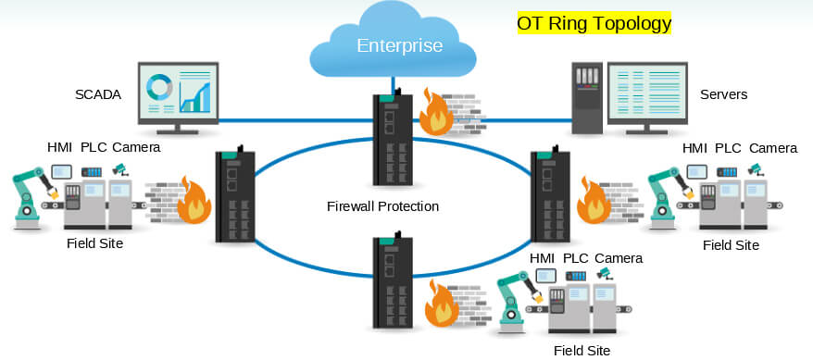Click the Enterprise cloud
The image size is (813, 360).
[x=393, y=43]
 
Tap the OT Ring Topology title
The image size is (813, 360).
[x=594, y=23]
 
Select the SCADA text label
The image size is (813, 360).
[x=98, y=94]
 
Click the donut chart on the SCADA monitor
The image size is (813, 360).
[x=158, y=86]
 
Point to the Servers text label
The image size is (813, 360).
[x=724, y=94]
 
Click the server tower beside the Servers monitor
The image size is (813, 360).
[x=587, y=98]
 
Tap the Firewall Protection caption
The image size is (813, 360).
[x=382, y=206]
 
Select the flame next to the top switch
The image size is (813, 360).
[x=436, y=112]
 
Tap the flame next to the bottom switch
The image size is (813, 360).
[x=442, y=304]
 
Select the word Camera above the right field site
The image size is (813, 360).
[x=773, y=148]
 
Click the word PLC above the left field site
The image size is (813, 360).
[x=94, y=147]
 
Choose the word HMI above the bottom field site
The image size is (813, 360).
[x=542, y=258]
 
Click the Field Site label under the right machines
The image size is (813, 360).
[x=732, y=245]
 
